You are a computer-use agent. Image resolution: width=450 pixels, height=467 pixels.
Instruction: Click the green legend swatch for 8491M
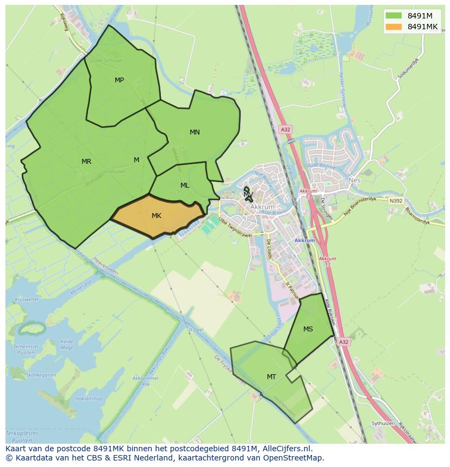tap(394, 16)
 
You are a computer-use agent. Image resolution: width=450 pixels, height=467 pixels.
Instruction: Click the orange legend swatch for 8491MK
tap(394, 27)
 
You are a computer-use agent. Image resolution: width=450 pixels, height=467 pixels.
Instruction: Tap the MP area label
tap(119, 80)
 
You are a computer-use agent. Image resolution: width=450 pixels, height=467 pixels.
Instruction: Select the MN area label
tap(195, 132)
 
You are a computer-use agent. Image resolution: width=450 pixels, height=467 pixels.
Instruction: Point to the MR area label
tap(86, 162)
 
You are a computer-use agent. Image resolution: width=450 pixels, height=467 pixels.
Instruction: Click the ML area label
tap(185, 185)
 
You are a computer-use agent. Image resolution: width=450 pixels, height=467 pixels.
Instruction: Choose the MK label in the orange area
tap(157, 216)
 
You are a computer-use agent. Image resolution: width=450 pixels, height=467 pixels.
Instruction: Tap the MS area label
tap(308, 329)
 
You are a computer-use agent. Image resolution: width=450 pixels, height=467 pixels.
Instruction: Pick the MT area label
tap(271, 377)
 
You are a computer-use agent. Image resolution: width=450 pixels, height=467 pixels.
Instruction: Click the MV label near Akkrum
tap(248, 194)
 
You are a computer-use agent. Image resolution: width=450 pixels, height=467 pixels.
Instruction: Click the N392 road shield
tap(396, 201)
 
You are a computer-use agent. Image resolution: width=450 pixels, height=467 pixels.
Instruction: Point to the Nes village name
tap(354, 180)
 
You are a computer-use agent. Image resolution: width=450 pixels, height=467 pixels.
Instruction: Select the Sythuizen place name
tap(383, 423)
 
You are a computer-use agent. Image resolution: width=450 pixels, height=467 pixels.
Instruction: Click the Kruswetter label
tap(27, 299)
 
